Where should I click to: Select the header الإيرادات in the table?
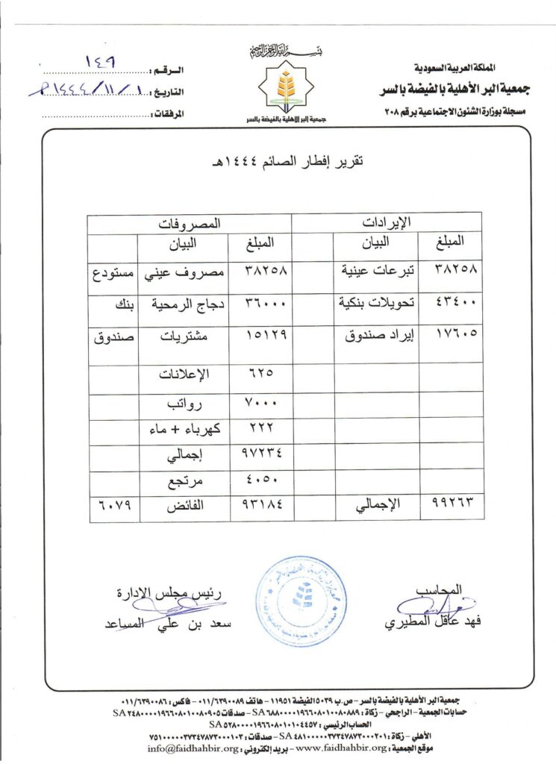pos(386,222)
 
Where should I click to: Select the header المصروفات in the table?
pos(190,222)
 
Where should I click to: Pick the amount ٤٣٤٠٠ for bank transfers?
pos(455,302)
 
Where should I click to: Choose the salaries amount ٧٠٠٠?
pos(262,402)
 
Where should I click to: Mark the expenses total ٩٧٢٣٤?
pos(262,454)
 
